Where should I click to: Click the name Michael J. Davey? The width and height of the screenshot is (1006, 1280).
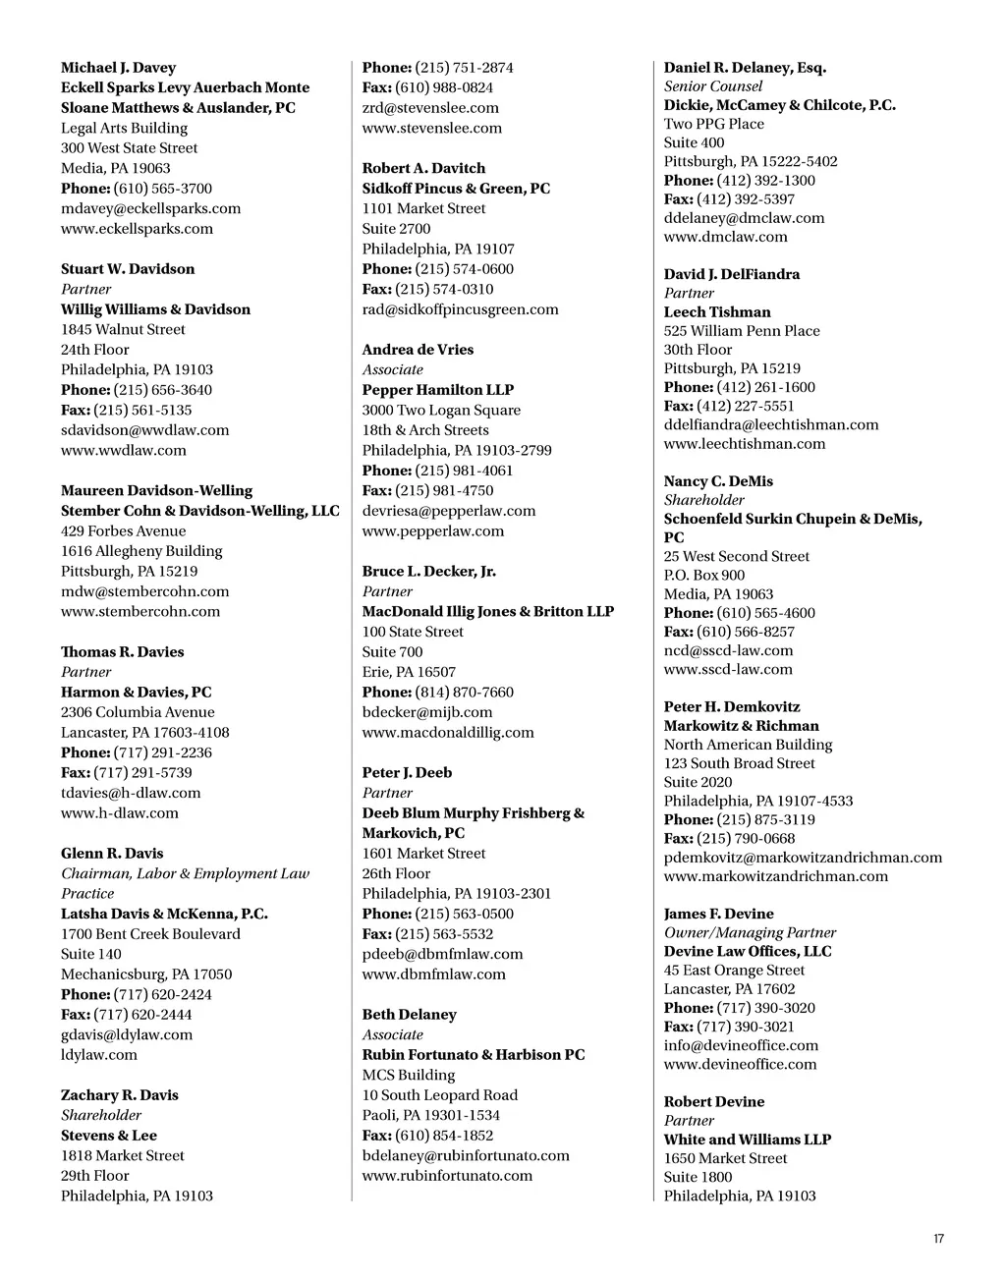(118, 68)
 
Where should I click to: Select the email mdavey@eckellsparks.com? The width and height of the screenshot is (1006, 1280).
(150, 208)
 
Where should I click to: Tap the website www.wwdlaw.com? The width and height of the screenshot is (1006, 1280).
(123, 450)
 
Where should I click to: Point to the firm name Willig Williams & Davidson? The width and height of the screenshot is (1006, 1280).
(155, 309)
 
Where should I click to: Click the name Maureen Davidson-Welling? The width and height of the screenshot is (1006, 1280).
(156, 490)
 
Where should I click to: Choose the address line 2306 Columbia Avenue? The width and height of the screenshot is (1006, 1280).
(138, 712)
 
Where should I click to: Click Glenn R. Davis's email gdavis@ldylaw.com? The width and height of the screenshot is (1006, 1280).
(127, 1034)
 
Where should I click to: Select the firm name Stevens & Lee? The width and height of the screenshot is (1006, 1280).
(109, 1135)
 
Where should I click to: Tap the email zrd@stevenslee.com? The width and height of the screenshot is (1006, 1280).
(430, 108)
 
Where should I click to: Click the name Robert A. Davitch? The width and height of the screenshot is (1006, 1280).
(423, 168)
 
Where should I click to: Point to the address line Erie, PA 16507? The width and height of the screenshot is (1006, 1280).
(409, 672)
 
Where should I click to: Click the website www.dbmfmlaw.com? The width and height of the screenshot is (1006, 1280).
(433, 974)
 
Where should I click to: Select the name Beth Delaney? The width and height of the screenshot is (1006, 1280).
(409, 1015)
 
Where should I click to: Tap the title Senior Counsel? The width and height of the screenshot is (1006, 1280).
(713, 86)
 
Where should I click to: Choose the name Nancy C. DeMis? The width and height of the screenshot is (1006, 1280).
(718, 481)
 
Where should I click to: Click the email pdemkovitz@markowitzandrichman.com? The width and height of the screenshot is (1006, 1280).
(803, 858)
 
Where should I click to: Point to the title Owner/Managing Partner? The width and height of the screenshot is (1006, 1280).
(750, 932)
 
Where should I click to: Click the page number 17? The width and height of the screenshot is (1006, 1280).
(938, 1239)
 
